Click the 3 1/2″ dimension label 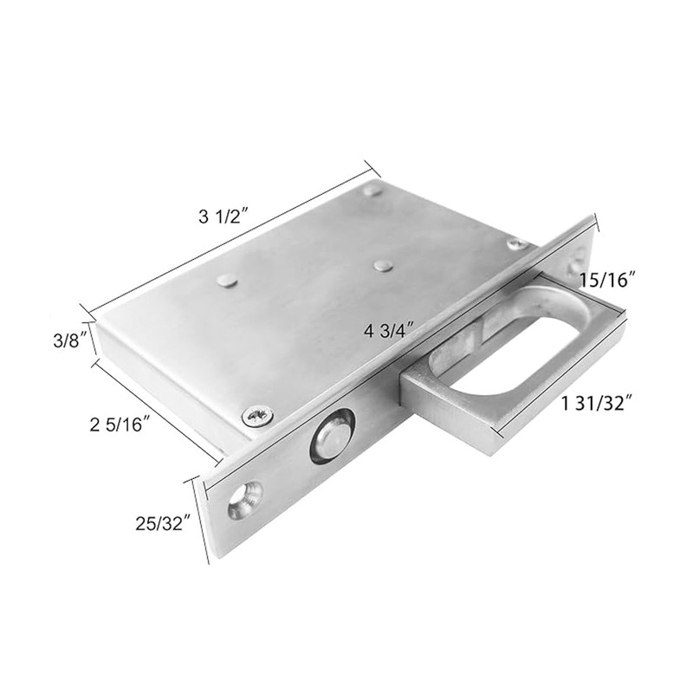tap(223, 218)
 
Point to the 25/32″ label tap(163, 523)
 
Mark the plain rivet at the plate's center tap(381, 263)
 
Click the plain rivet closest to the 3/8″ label tap(226, 279)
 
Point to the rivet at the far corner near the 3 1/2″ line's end tap(372, 189)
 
